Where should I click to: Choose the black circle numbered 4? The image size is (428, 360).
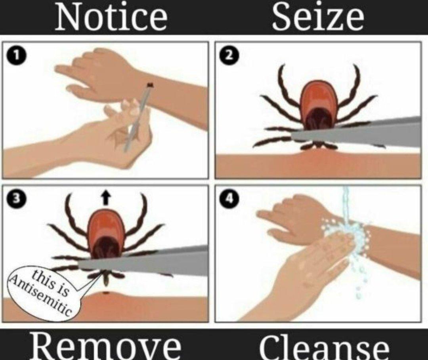229,198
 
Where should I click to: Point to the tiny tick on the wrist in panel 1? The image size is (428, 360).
150,85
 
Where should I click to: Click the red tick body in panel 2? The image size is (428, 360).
319,101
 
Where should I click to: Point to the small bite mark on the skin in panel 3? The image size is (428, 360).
106,293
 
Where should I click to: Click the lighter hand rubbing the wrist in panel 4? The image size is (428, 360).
306,270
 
